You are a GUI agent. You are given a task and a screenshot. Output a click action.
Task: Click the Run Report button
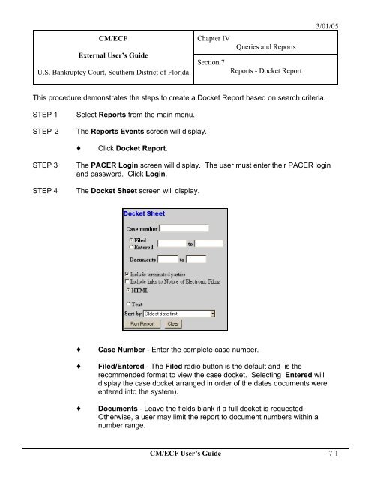(x=139, y=323)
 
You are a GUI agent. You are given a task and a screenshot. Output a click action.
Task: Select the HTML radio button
(x=127, y=289)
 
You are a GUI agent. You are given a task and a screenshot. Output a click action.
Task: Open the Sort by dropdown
(x=213, y=314)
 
